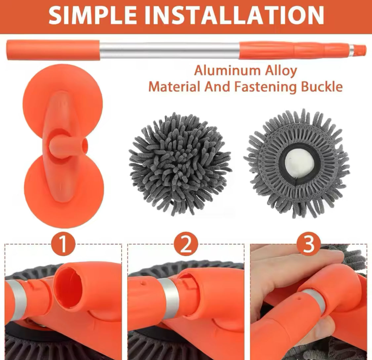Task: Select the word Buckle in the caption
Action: tap(322, 87)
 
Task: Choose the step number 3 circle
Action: tap(309, 244)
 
